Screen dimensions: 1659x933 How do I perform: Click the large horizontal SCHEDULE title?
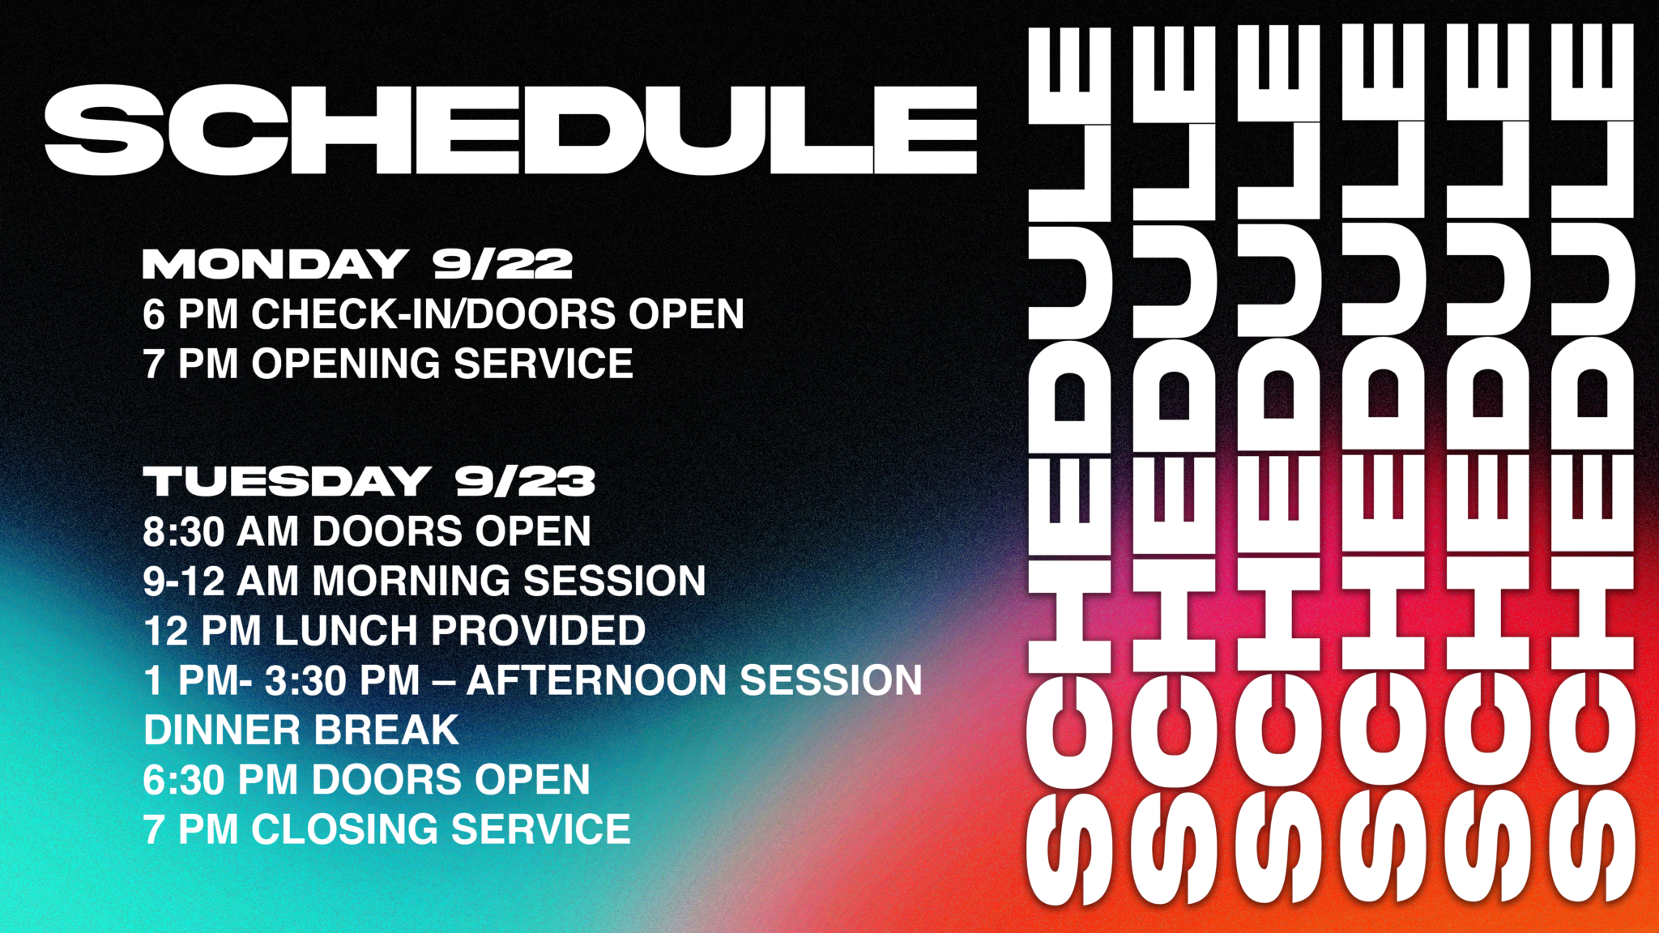point(511,130)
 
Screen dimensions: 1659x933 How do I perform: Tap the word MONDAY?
point(275,264)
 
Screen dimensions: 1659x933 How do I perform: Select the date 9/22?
point(503,264)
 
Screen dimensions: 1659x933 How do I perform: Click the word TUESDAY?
point(287,481)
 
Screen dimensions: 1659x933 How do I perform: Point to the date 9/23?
point(525,481)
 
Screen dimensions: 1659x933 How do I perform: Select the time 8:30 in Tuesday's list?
point(184,532)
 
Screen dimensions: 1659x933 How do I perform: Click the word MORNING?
point(412,582)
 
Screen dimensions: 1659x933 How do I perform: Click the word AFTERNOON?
point(596,680)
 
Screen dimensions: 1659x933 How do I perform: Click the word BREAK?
point(386,731)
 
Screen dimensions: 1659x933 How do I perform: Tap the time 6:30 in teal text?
point(184,780)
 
